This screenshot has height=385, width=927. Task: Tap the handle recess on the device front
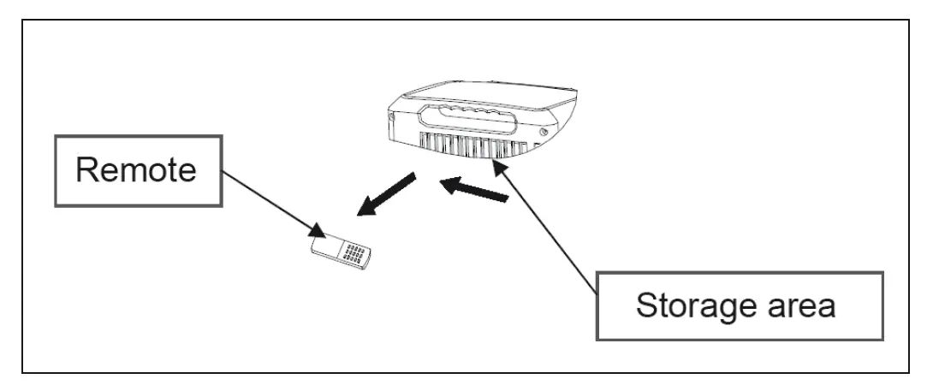pyautogui.click(x=471, y=118)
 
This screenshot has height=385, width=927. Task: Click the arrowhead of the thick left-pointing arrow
pyautogui.click(x=447, y=183)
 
